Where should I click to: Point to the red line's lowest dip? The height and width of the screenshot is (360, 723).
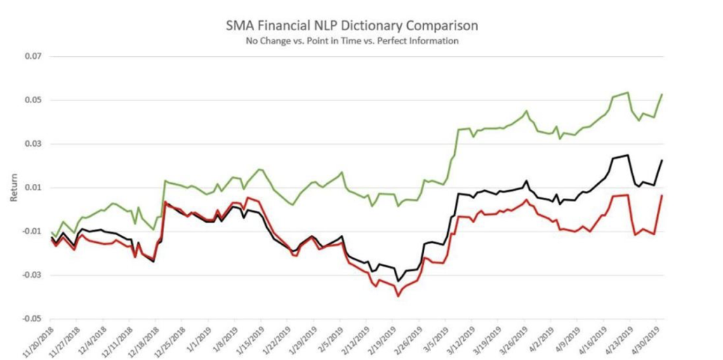pos(399,296)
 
